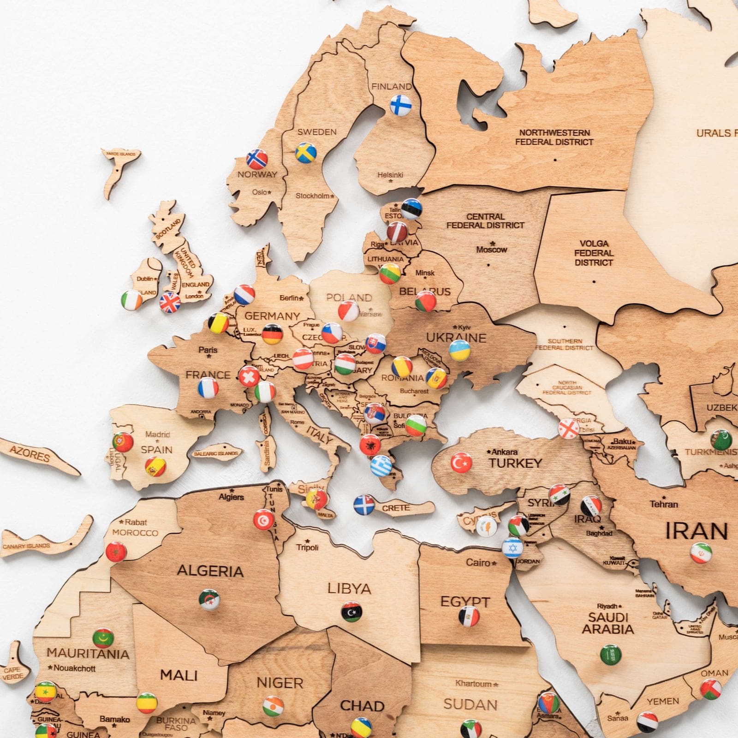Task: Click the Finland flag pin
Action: click(400, 105)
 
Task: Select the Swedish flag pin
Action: click(305, 153)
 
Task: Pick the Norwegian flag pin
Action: click(257, 159)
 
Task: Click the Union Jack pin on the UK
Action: click(170, 303)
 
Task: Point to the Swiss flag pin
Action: click(249, 376)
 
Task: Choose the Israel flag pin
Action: click(512, 548)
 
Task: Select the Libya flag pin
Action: click(351, 612)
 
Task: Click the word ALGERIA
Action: click(210, 571)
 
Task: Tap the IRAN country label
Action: click(696, 531)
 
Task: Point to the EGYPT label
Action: click(464, 601)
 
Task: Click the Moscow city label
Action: click(491, 250)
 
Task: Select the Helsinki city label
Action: click(390, 175)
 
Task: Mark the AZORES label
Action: click(30, 454)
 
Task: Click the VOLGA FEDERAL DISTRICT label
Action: click(594, 253)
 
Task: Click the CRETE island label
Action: click(396, 508)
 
